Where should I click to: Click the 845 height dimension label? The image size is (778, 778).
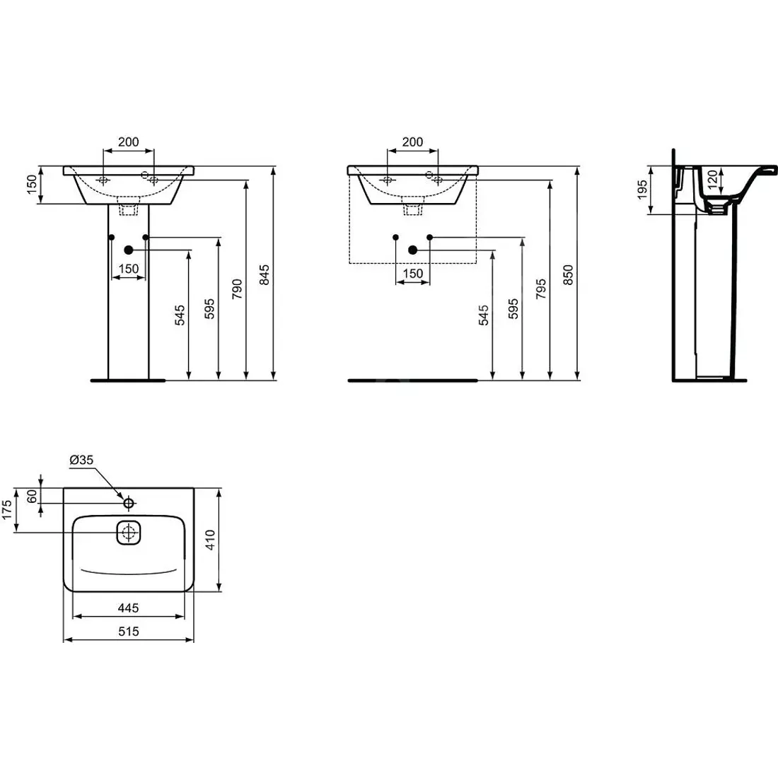(265, 273)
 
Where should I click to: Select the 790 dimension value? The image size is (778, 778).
(237, 290)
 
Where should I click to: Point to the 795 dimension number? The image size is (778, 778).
(541, 290)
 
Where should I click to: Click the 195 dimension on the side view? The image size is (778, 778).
(642, 190)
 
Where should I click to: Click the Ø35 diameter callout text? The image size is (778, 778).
(81, 460)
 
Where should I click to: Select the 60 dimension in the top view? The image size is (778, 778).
(32, 496)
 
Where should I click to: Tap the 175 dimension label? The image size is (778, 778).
(7, 509)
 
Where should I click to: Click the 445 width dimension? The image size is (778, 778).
(128, 608)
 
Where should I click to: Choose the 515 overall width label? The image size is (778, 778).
(128, 632)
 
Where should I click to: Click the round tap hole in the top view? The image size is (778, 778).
(129, 503)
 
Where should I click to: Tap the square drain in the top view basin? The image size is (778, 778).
(129, 533)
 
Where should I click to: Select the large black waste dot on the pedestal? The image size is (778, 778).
(129, 250)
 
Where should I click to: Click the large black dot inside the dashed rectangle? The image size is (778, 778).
(413, 250)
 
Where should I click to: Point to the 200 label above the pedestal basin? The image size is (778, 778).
(128, 142)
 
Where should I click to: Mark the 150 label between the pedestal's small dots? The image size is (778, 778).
(128, 269)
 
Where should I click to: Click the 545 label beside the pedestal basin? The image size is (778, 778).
(180, 315)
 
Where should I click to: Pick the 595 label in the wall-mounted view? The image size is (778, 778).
(513, 309)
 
